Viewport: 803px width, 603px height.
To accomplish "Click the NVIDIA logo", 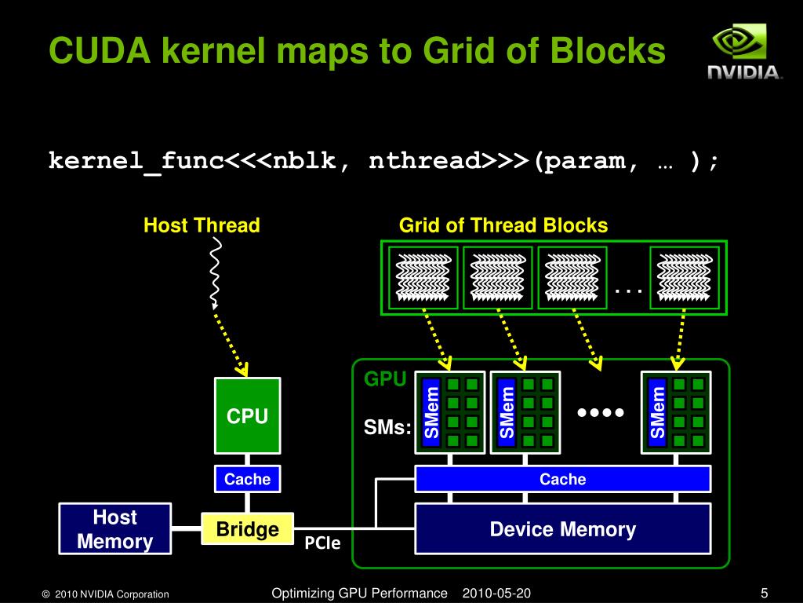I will coord(744,53).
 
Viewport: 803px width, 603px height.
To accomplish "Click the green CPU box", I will coord(248,416).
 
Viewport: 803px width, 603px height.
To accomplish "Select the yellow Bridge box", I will coord(247,530).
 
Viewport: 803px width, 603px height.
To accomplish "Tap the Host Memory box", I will coord(115,529).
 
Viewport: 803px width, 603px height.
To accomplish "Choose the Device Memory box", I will coord(562,529).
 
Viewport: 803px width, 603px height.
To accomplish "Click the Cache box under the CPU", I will coord(247,479).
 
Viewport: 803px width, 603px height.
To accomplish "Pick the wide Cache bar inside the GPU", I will coord(562,479).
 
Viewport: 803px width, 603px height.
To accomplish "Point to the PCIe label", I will coord(322,543).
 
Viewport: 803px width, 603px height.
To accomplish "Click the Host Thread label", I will coord(202,226).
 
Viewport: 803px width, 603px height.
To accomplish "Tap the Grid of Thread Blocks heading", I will coord(503,226).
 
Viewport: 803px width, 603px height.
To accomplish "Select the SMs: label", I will coord(387,428).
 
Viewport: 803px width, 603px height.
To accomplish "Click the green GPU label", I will coord(385,380).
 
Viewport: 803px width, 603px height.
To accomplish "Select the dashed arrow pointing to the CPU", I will coord(232,342).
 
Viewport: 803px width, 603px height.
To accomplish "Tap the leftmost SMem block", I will coord(431,411).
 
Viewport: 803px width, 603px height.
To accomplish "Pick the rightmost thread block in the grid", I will coord(685,277).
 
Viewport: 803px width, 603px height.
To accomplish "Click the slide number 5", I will coord(764,593).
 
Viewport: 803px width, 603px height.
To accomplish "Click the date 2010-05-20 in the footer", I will coord(496,593).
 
